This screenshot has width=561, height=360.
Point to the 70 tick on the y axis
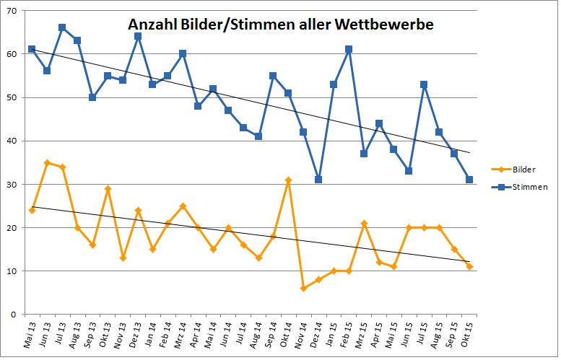12,11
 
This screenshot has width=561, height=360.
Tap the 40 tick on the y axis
12,141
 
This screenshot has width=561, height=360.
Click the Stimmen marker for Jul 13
62,27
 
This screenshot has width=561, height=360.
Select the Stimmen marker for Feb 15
349,49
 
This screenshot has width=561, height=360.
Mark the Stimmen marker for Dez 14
318,180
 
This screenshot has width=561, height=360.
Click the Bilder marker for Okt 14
288,180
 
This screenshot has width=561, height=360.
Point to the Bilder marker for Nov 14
303,288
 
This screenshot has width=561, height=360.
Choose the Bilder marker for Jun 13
47,162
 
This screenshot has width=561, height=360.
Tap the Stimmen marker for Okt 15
469,180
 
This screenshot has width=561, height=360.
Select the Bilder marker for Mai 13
32,210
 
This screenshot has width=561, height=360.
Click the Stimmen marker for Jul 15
424,84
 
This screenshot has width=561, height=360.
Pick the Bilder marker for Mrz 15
364,223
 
